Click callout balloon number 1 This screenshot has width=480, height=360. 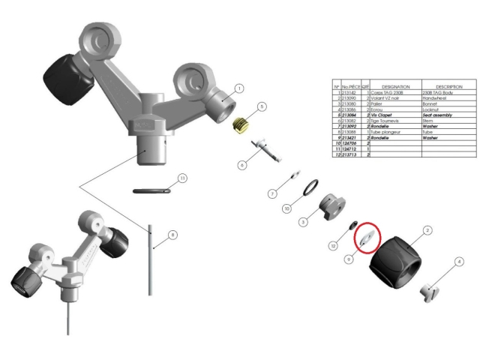pyautogui.click(x=239, y=88)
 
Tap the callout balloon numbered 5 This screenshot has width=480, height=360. pyautogui.click(x=261, y=107)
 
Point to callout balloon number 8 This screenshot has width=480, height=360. pyautogui.click(x=173, y=235)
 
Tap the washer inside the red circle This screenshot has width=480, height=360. pyautogui.click(x=367, y=238)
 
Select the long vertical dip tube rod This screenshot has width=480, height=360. pyautogui.click(x=150, y=259)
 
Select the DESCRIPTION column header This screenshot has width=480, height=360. pyautogui.click(x=442, y=86)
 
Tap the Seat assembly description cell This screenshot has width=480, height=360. pyautogui.click(x=440, y=115)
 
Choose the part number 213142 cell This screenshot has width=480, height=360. pyautogui.click(x=350, y=92)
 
